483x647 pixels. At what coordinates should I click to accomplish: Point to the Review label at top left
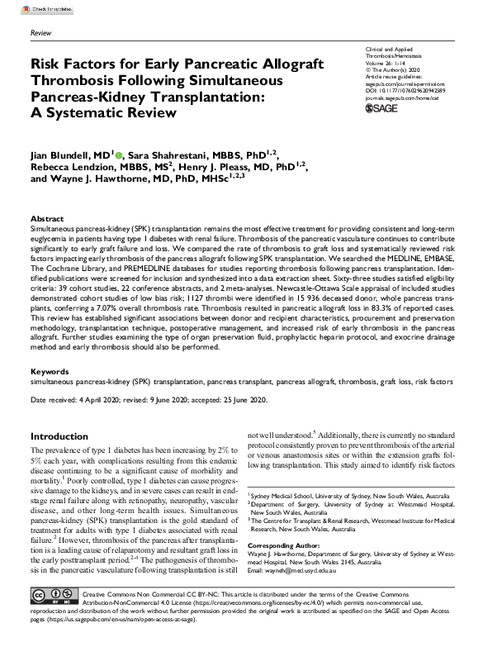[40, 32]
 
